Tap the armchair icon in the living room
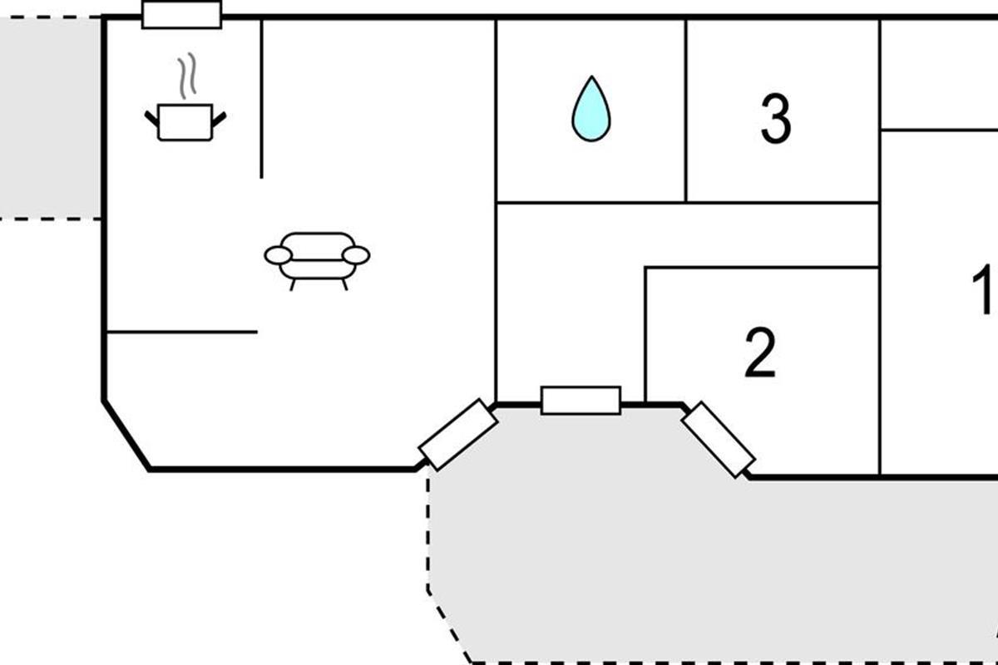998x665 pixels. [x=317, y=261]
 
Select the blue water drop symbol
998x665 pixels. [x=591, y=109]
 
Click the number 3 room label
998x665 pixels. [x=776, y=119]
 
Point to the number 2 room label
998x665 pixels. [x=760, y=352]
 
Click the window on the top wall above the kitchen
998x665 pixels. [x=182, y=15]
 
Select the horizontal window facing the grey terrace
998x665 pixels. [x=581, y=401]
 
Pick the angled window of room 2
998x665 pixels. [x=719, y=440]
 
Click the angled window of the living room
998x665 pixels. [x=458, y=435]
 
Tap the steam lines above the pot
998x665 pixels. [x=188, y=76]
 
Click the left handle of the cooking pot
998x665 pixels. [x=151, y=119]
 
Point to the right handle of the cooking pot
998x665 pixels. [x=219, y=120]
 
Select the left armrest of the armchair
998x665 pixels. [x=278, y=256]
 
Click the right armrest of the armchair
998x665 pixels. [x=356, y=256]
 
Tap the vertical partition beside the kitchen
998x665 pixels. [x=261, y=99]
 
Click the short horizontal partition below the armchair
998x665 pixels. [x=182, y=332]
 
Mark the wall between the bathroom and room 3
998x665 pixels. [x=686, y=111]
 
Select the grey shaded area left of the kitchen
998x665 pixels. [x=50, y=118]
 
